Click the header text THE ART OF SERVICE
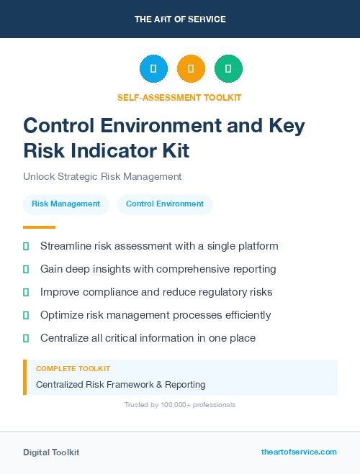pos(180,19)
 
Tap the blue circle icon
pos(153,69)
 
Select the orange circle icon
pos(191,69)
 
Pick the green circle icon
pos(228,69)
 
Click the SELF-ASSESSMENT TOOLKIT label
pos(179,97)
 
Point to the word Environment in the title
pos(181,125)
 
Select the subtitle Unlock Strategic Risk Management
pos(102,176)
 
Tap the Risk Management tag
pos(66,204)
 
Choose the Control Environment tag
pos(165,204)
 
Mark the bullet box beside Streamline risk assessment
pos(26,246)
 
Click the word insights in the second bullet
pos(113,269)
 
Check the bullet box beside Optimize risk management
pos(26,315)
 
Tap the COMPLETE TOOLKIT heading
pos(73,368)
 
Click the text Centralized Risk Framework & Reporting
pos(120,385)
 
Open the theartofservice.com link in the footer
pos(299,452)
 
